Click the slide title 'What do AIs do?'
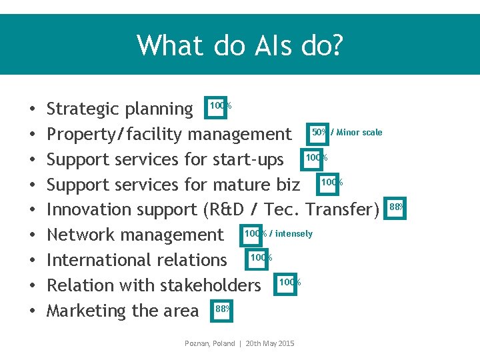pyautogui.click(x=240, y=45)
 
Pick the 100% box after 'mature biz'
pyautogui.click(x=331, y=183)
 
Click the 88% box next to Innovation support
pyautogui.click(x=395, y=208)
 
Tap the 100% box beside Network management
pyautogui.click(x=255, y=234)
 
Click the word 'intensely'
pyautogui.click(x=293, y=233)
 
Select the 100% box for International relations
pyautogui.click(x=260, y=259)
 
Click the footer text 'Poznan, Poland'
pyautogui.click(x=209, y=343)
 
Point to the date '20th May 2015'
pyautogui.click(x=269, y=343)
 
